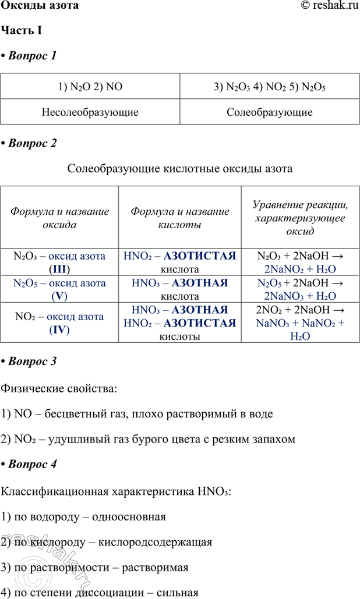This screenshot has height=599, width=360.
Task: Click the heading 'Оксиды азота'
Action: coord(39,6)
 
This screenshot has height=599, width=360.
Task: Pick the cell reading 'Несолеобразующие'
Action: coord(90,112)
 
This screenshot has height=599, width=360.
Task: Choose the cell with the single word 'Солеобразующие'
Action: coord(270,112)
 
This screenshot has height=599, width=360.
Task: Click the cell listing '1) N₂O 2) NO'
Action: coord(90,87)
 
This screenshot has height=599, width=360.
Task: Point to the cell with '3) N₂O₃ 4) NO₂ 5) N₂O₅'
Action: coord(270,87)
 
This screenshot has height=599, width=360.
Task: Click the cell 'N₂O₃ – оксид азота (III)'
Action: coord(60,262)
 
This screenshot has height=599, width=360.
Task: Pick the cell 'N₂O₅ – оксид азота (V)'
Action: coord(60,289)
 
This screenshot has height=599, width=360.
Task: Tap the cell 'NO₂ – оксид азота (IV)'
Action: coord(60,323)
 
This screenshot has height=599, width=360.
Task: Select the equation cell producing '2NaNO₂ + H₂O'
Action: coord(300,262)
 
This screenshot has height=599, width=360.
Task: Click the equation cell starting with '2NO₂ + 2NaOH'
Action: coord(300,323)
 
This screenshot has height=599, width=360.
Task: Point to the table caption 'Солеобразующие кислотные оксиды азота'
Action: coord(180,169)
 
